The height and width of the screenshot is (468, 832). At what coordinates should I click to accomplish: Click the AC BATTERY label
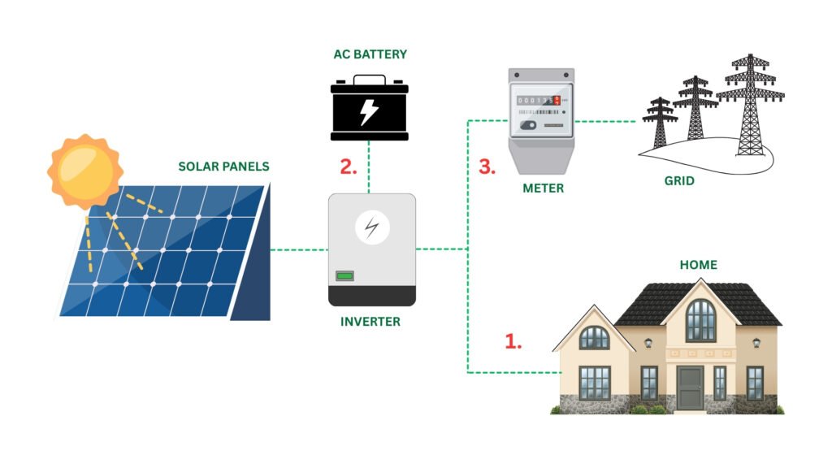(369, 54)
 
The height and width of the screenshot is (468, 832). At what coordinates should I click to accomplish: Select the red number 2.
(349, 167)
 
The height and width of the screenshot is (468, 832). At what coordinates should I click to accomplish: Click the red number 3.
(487, 167)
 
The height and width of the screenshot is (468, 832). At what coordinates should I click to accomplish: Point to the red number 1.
(513, 341)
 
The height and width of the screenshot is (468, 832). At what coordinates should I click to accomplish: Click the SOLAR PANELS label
(223, 167)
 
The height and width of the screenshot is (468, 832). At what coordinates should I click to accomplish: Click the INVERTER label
(370, 322)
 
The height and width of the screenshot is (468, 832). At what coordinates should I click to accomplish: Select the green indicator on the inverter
(344, 276)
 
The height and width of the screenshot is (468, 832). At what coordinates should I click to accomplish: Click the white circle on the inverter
(371, 227)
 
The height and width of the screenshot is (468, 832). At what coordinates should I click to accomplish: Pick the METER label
(543, 188)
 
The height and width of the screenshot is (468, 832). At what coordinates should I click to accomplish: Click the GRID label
(679, 180)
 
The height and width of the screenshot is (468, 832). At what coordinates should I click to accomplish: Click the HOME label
(699, 265)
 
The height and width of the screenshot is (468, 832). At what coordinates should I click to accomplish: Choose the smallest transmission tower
(660, 122)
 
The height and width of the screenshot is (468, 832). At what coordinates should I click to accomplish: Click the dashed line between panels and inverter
(297, 249)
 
